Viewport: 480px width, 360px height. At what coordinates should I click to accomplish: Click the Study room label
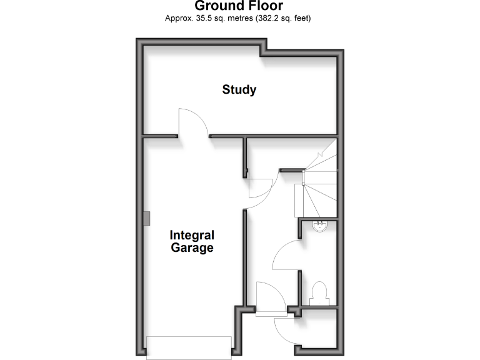pyautogui.click(x=239, y=89)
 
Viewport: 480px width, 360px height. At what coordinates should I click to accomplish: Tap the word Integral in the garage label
pyautogui.click(x=192, y=236)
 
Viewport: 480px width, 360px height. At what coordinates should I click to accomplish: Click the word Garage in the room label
pyautogui.click(x=192, y=248)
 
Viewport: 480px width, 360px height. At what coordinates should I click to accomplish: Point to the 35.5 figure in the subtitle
pyautogui.click(x=203, y=18)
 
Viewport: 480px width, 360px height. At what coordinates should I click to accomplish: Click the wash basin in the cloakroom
pyautogui.click(x=319, y=226)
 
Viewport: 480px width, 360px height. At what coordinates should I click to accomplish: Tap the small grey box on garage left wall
pyautogui.click(x=146, y=218)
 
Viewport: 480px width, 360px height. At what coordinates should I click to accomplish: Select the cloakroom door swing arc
pyautogui.click(x=286, y=256)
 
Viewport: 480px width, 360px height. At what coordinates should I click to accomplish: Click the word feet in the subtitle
pyautogui.click(x=301, y=18)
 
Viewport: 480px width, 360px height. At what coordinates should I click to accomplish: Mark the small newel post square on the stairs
pyautogui.click(x=304, y=184)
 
